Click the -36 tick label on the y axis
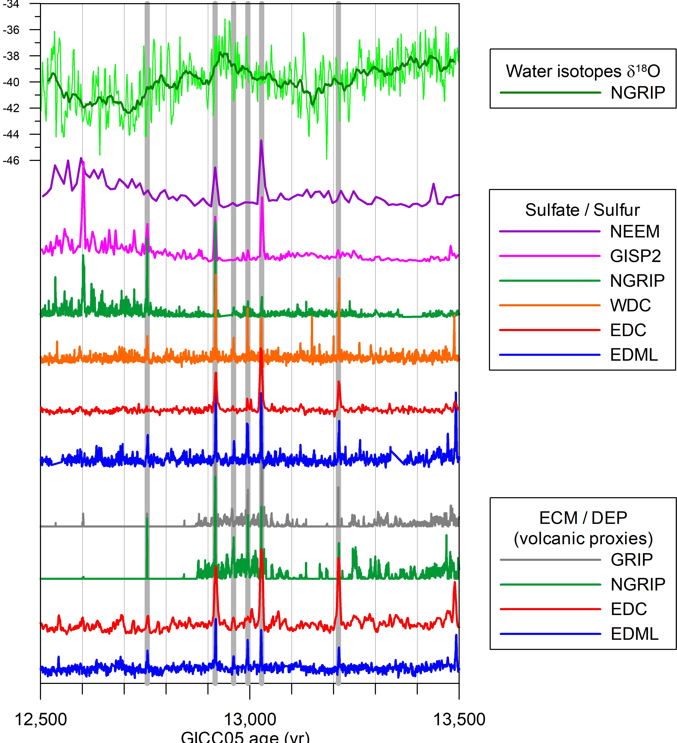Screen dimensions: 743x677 click(11, 30)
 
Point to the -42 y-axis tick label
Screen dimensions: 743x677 click(11, 108)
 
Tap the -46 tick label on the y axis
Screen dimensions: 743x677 click(11, 161)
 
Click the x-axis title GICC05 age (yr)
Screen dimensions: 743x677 click(245, 737)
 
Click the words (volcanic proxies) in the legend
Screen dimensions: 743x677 click(583, 539)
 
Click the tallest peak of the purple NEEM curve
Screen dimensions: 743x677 click(261, 141)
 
